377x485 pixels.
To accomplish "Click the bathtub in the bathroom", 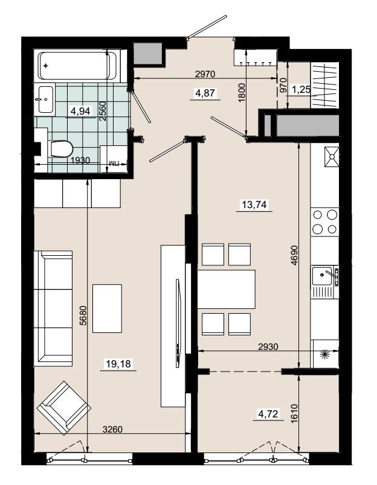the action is point(77,66).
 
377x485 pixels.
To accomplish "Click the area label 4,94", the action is point(80,111).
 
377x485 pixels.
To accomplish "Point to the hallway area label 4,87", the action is point(205,92).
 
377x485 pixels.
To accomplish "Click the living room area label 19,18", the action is point(118,364).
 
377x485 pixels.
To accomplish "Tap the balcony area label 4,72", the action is point(268,414).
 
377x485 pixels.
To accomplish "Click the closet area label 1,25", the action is point(301,90).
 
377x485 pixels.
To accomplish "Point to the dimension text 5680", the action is point(83,315).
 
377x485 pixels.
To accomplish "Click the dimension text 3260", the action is point(113,430).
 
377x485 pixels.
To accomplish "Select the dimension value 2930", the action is point(268,347).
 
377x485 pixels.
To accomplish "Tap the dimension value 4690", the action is point(294,255).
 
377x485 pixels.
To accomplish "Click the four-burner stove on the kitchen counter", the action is point(324,222).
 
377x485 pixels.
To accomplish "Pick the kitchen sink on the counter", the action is point(324,282).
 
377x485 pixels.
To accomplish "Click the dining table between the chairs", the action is point(227,289).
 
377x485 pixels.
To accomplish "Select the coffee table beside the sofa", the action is point(107,309).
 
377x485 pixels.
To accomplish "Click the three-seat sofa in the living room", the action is point(53,309).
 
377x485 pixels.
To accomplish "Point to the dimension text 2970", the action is point(205,74).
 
